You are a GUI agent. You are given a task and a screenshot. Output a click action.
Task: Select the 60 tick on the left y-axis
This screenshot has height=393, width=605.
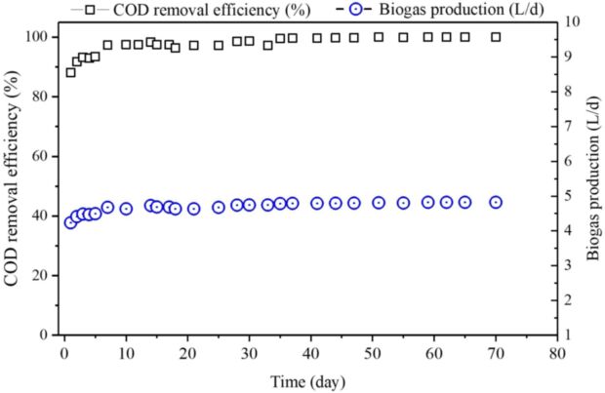coord(42,156)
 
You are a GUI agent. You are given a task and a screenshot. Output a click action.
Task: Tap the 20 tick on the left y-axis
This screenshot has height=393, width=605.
coord(42,275)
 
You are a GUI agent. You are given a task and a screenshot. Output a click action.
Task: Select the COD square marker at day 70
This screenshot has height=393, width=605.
coord(496,37)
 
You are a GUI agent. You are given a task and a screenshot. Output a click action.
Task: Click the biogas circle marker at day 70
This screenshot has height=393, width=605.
coord(496,202)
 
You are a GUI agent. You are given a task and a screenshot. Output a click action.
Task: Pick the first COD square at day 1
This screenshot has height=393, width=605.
coord(70,72)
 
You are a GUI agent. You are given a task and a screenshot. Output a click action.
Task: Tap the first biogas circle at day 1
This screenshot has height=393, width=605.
coord(70,222)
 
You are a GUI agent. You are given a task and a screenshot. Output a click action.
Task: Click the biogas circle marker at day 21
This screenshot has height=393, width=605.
coord(193,208)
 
